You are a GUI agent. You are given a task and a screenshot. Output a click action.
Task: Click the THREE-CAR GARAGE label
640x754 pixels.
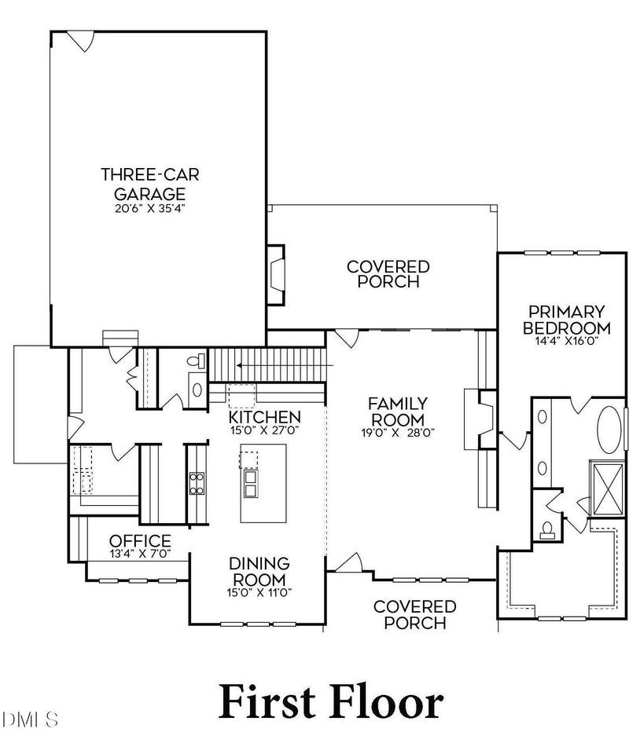(x=142, y=183)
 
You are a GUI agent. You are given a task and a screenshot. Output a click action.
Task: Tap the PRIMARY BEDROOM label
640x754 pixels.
(x=566, y=320)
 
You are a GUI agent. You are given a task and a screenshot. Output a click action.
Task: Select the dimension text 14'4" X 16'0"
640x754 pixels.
(x=566, y=342)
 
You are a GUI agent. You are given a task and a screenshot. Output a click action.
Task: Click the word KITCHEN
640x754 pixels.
(x=264, y=416)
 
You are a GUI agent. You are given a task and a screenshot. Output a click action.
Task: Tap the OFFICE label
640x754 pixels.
(x=140, y=540)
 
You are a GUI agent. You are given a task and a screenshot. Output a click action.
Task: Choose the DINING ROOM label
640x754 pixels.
(x=259, y=571)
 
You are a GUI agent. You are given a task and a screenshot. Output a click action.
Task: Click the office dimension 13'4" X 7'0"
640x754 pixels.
(x=140, y=554)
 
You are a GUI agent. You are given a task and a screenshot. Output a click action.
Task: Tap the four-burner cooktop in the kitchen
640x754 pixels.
(x=197, y=481)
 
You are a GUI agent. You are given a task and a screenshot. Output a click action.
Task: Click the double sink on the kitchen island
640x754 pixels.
(x=252, y=484)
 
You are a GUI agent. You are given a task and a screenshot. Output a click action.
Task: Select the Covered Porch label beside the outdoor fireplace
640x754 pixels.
(x=388, y=274)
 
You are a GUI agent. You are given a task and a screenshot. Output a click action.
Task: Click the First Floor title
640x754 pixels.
(x=329, y=701)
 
